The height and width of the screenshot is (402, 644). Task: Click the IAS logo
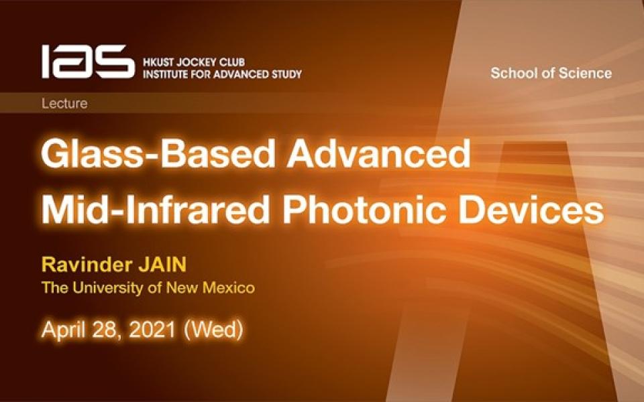coord(88,62)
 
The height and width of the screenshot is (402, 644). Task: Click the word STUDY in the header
coord(286,74)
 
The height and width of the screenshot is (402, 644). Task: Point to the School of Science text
coord(551,73)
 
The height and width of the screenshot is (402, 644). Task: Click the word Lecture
coord(64,103)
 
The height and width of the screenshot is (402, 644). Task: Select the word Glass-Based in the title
coord(158,154)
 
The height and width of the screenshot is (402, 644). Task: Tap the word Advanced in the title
coord(378,154)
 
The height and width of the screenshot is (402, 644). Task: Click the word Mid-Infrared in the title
coord(155,209)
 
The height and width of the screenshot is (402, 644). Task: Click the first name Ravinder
coord(87,265)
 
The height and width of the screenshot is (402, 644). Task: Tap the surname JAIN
coord(162,265)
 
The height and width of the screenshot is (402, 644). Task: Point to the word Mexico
coord(229,287)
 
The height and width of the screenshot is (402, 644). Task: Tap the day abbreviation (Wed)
coord(213,330)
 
